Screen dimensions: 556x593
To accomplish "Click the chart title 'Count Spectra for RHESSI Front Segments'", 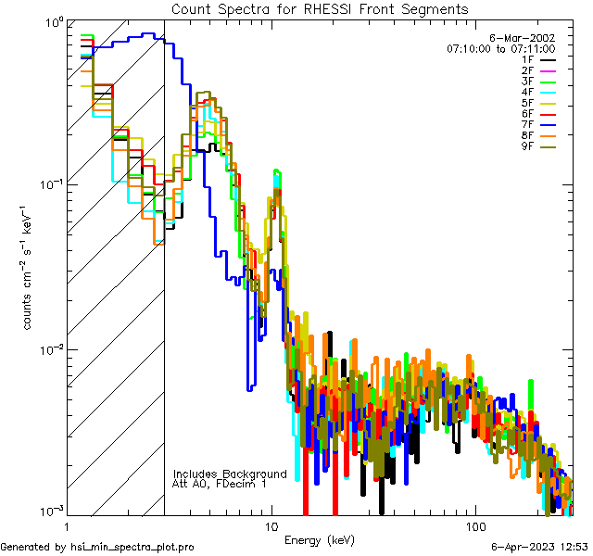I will click(x=320, y=9).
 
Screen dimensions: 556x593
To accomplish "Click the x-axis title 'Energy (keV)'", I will click(x=320, y=539).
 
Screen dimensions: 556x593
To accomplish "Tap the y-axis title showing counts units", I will click(x=29, y=269).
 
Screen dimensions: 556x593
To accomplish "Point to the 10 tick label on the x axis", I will click(x=271, y=525).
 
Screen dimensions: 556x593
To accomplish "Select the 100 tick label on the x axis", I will click(x=474, y=525).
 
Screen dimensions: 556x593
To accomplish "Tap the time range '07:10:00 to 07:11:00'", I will click(x=500, y=47).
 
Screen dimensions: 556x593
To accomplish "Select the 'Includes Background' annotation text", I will click(x=230, y=474).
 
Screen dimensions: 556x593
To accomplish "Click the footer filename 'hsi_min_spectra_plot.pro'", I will click(x=132, y=548).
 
